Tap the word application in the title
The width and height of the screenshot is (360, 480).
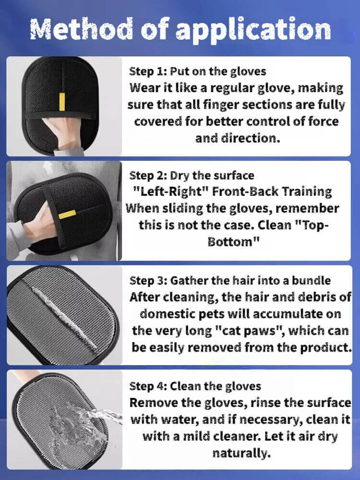point(253,30)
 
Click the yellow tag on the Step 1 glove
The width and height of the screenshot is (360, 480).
point(62,102)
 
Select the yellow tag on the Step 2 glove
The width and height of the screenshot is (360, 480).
point(67,214)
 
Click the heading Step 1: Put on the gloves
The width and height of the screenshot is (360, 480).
point(197,72)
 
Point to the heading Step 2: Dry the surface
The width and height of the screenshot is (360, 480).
point(192,175)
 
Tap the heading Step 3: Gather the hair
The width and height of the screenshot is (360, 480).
point(230,280)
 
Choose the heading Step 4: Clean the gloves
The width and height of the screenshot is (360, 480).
point(195,386)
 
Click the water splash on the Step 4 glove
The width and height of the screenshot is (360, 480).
point(83,429)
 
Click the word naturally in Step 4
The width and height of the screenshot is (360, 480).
point(241,453)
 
